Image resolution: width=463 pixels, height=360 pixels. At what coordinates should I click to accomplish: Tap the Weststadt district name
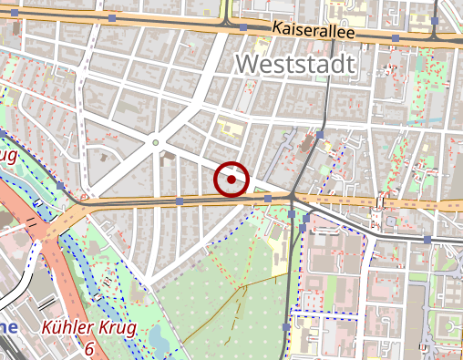293,63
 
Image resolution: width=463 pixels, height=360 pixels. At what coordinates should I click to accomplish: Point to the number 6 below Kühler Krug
89,348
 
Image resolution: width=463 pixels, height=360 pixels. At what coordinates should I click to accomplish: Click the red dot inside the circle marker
232,180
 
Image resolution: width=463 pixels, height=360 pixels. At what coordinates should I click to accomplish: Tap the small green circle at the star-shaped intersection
156,142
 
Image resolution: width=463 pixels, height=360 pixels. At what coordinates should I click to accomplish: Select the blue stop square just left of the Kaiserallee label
243,27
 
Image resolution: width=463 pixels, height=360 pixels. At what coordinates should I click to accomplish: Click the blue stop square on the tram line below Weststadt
321,134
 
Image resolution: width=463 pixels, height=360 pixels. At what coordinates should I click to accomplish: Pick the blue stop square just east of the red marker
267,197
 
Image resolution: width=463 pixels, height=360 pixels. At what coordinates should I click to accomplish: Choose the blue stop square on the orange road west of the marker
180,201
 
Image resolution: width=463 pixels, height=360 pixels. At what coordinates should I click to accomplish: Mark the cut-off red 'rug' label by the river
7,156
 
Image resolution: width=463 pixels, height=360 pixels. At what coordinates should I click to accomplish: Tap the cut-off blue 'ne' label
8,328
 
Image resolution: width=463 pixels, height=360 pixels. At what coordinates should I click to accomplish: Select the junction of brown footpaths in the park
245,285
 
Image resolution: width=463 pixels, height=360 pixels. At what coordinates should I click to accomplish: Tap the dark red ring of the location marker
232,164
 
